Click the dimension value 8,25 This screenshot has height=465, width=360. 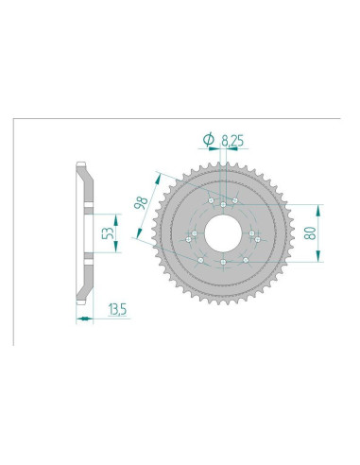(x=232, y=141)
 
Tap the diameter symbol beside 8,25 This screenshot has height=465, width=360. (x=209, y=140)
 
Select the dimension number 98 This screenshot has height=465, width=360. (x=141, y=202)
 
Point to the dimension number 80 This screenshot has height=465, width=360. (x=310, y=232)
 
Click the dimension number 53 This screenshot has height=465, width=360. (x=109, y=232)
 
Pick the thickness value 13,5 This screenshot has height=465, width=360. (x=117, y=309)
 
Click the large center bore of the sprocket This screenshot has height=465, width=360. (x=223, y=233)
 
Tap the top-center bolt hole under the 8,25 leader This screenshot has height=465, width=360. (x=223, y=205)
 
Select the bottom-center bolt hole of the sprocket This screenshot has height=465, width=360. (x=223, y=262)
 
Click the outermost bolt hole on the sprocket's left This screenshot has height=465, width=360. (x=189, y=240)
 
